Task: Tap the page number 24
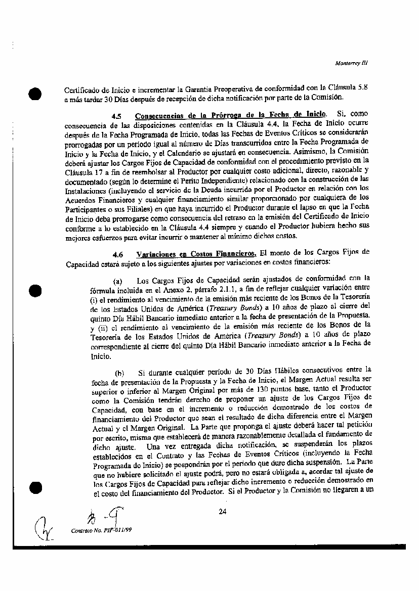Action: [222, 512]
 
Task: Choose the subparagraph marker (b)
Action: [120, 374]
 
